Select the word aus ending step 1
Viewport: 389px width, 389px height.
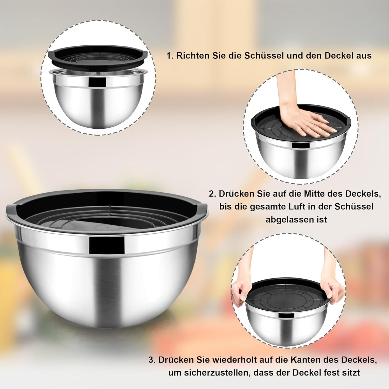coord(364,56)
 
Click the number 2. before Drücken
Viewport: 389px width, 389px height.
coord(213,194)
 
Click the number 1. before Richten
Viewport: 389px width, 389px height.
coord(170,56)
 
